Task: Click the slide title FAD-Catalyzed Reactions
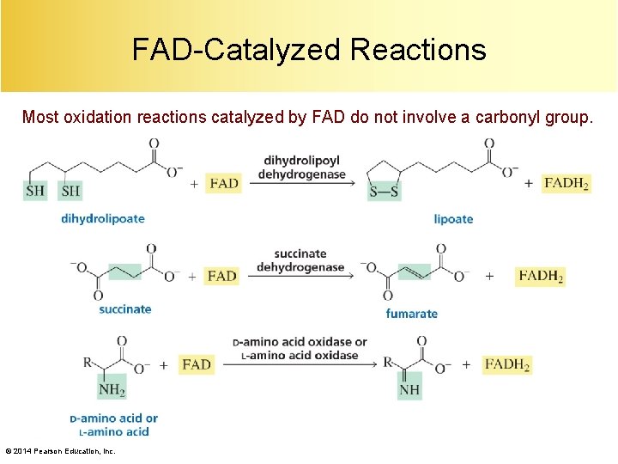[x=309, y=49]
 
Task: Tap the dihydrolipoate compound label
[x=102, y=218]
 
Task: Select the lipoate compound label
[x=453, y=219]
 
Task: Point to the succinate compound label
[x=124, y=309]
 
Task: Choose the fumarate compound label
[x=411, y=314]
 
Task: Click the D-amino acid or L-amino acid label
[x=113, y=425]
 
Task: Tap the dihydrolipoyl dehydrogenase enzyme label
[x=301, y=168]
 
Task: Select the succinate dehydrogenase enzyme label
[x=300, y=260]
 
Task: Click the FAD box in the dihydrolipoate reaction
[x=223, y=183]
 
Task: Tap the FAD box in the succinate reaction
[x=221, y=276]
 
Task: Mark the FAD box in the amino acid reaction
[x=197, y=364]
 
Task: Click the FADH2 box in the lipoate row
[x=566, y=183]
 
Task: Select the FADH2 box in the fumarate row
[x=540, y=276]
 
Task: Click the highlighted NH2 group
[x=112, y=389]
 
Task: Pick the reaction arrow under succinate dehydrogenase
[x=300, y=276]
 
